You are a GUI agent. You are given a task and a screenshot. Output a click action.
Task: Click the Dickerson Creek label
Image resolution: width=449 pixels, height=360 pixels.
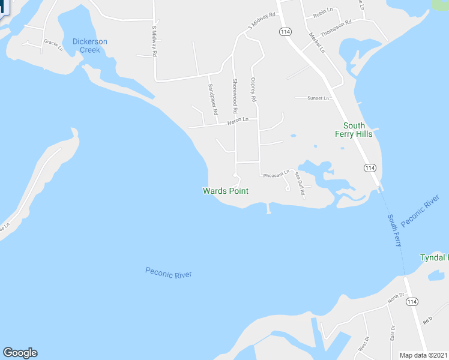[x=90, y=46]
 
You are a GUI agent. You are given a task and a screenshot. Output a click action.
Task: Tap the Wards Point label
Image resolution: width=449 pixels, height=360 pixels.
[x=225, y=191]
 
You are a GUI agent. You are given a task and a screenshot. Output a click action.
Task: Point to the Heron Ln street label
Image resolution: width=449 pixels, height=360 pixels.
[x=237, y=121]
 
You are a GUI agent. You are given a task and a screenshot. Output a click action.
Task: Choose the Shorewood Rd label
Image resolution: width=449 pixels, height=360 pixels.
[x=235, y=96]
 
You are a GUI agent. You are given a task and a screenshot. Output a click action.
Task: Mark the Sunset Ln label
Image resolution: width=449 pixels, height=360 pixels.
[x=319, y=98]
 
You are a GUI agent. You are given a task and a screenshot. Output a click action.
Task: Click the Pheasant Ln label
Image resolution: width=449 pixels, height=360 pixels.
[x=276, y=173]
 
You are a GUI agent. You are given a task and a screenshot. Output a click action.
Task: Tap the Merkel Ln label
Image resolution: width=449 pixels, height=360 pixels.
[x=318, y=41]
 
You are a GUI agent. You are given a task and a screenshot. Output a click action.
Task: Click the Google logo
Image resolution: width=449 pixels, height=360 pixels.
[x=20, y=353]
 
